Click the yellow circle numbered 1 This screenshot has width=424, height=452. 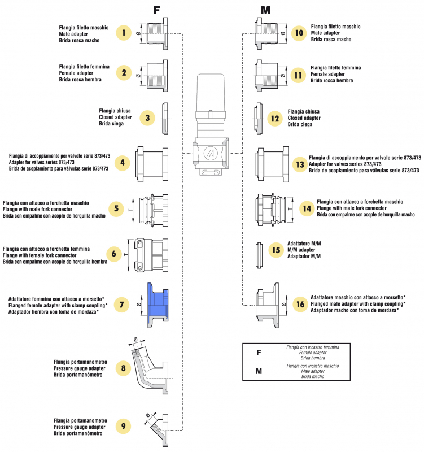[124, 33]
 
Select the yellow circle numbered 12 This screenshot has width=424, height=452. [275, 119]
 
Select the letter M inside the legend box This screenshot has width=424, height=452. [259, 371]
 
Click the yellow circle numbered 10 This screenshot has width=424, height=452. [299, 33]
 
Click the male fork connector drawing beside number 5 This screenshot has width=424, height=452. [151, 209]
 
